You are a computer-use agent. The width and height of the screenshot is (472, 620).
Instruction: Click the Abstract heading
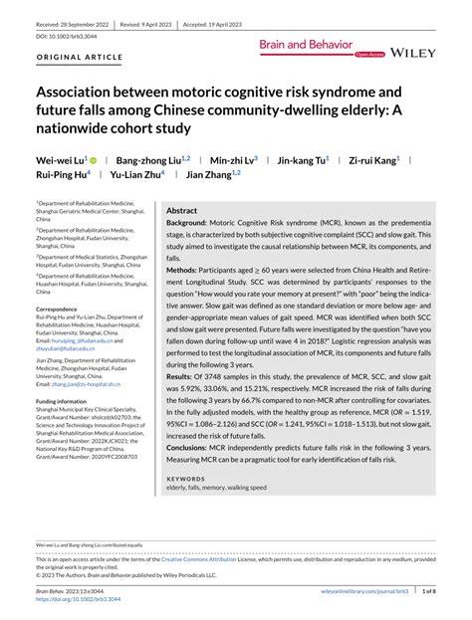(x=181, y=212)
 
